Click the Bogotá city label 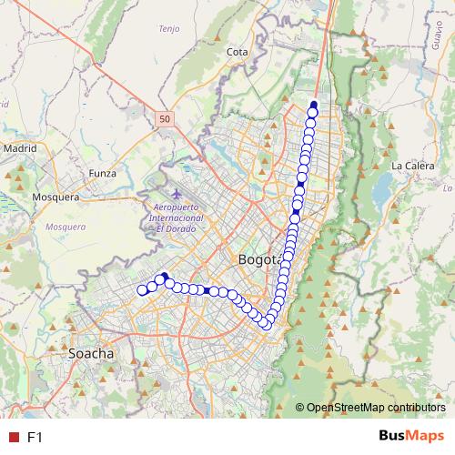tap(258, 261)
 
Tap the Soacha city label tap(91, 352)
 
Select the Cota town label tap(238, 53)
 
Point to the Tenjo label tap(169, 29)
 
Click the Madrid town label tap(19, 147)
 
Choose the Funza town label tap(103, 172)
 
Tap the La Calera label tap(409, 166)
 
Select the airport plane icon tap(176, 195)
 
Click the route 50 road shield tap(163, 118)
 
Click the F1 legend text tap(35, 438)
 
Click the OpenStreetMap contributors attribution tap(375, 407)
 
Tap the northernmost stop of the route tap(313, 104)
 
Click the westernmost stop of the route tap(142, 290)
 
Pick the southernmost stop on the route tap(265, 322)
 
